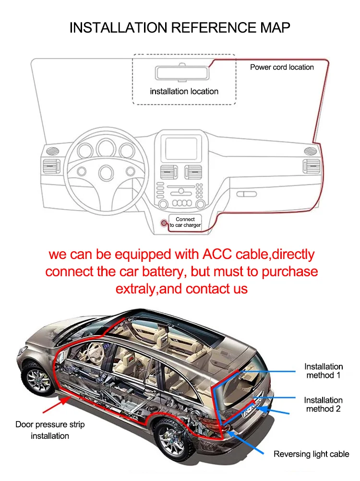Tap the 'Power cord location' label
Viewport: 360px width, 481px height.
tap(282, 67)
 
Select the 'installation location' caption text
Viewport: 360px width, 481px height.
tap(184, 91)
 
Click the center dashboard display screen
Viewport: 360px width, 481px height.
tap(181, 148)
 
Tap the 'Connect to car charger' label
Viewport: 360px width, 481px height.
tap(185, 222)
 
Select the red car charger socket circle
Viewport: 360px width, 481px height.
tap(164, 223)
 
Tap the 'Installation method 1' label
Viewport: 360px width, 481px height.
tap(323, 371)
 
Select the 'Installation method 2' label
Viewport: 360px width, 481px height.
tap(323, 404)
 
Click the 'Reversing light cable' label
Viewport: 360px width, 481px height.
tap(311, 454)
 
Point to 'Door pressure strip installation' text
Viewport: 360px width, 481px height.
tap(50, 430)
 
